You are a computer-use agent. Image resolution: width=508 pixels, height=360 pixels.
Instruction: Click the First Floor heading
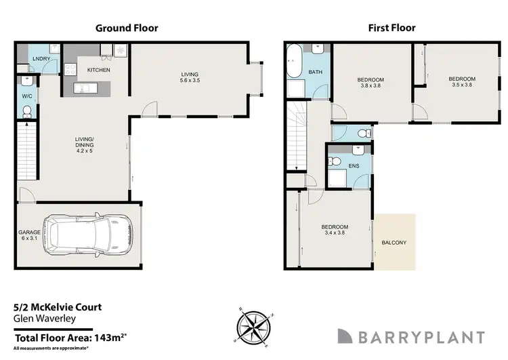point(391,28)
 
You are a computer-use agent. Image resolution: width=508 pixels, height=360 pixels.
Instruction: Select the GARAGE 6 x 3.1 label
point(30,236)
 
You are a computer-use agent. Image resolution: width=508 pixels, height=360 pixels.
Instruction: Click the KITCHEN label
point(98,70)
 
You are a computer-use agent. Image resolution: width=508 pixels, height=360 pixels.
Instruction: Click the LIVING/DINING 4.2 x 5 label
point(85,145)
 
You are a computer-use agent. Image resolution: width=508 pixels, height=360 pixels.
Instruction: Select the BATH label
point(315,72)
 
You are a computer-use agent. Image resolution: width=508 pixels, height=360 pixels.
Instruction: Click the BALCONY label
point(394,242)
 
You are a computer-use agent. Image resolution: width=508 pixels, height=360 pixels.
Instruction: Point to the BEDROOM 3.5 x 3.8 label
point(462,83)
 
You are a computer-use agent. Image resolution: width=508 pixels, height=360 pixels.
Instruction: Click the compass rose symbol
point(255,324)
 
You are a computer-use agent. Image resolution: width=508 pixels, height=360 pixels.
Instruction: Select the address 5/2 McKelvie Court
point(58,306)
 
